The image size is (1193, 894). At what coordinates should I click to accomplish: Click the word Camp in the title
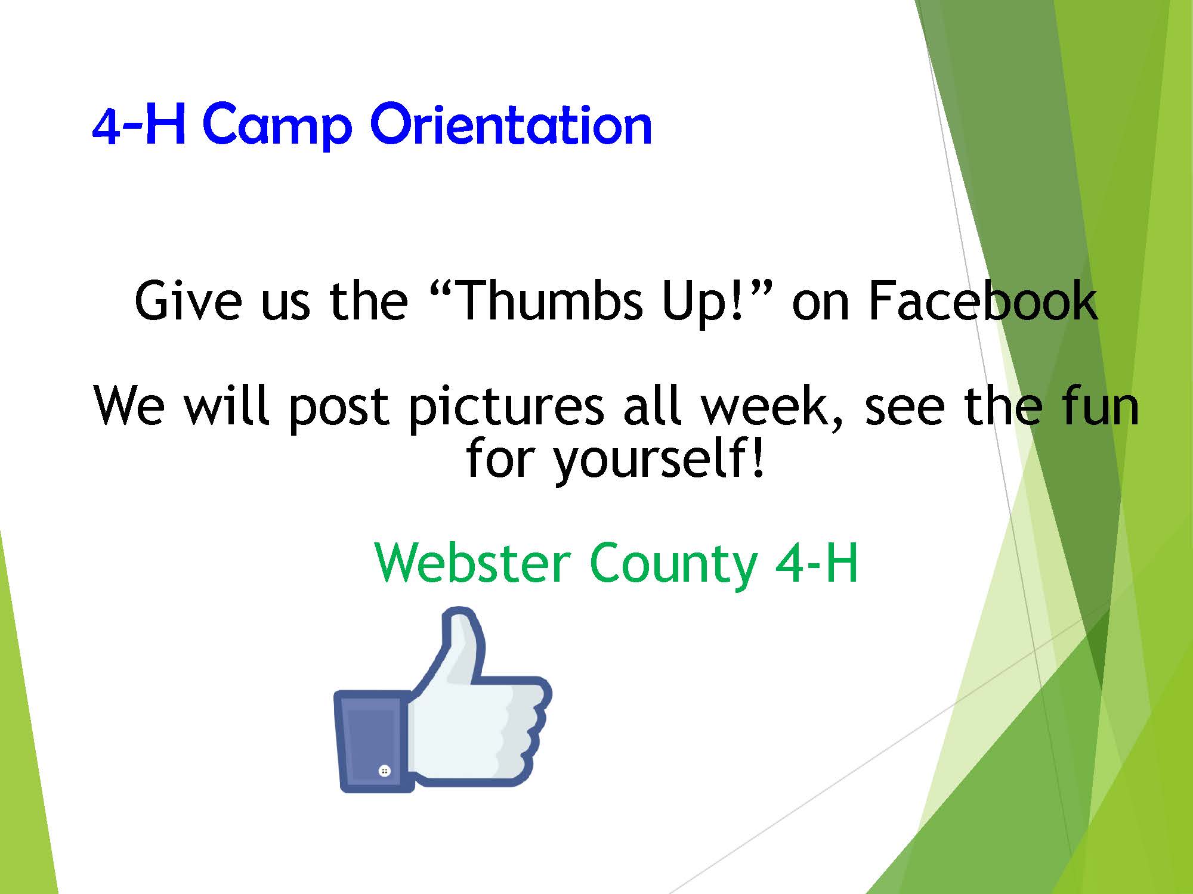click(277, 127)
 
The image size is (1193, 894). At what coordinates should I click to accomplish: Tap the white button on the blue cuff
click(385, 771)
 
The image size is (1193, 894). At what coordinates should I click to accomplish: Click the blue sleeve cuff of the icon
click(373, 741)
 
